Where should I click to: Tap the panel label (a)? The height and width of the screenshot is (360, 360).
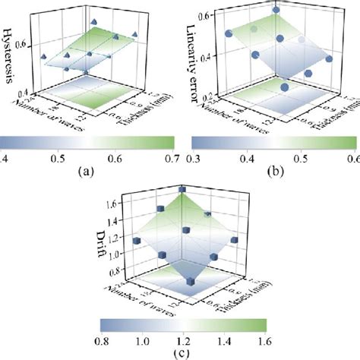coord(89,171)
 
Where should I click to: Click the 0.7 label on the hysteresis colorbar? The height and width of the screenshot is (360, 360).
coord(171,158)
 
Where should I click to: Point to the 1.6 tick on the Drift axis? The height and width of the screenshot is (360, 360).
coord(114,204)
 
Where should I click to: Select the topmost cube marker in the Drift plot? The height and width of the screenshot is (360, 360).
coord(182,189)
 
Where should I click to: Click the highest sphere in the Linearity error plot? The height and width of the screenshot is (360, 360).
coord(275,10)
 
